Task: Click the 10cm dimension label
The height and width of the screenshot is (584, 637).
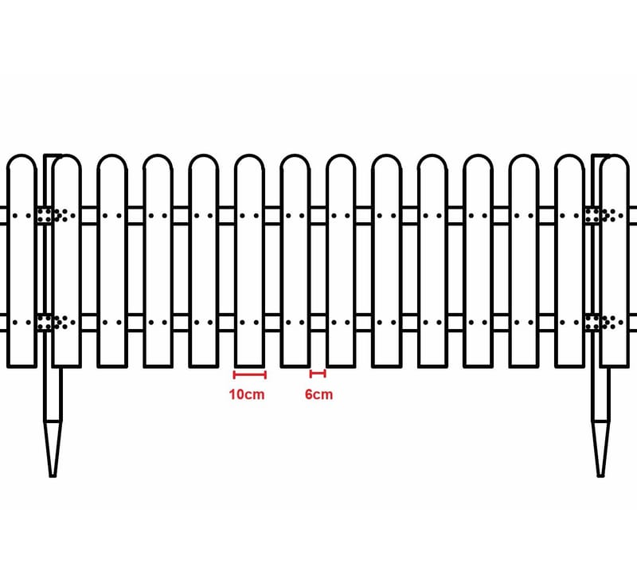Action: (247, 394)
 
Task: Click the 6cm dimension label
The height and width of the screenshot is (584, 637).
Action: (318, 394)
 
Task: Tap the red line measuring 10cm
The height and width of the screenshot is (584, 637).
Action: (249, 374)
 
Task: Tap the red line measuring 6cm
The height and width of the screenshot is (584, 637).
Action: (318, 374)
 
